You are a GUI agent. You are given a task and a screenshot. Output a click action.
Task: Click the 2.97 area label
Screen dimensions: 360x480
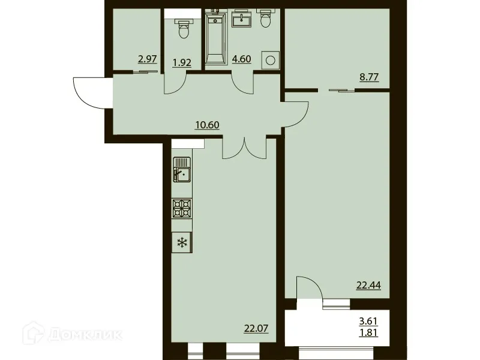[148, 59]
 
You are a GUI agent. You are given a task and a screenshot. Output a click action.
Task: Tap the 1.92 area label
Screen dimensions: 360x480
[182, 62]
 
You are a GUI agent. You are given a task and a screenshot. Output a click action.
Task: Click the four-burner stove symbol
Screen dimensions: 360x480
[182, 208]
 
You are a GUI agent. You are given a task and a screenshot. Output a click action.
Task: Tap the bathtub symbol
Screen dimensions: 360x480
[214, 39]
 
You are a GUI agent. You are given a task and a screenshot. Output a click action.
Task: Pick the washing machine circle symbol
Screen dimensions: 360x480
[271, 59]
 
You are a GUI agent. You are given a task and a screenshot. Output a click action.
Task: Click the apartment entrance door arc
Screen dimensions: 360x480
[89, 92]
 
